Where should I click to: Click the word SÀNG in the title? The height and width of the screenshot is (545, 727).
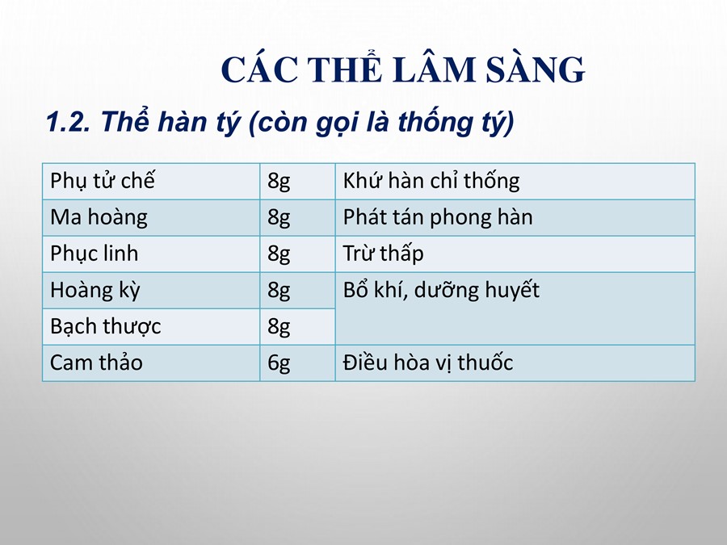[x=535, y=69]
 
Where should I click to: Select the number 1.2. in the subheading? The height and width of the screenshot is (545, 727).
[x=68, y=122]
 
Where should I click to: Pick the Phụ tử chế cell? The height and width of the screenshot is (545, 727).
[x=151, y=181]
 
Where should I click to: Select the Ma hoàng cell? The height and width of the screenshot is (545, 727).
[x=151, y=218]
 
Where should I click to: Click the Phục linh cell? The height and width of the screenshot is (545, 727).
[x=151, y=254]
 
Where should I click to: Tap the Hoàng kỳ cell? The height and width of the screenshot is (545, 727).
[x=151, y=290]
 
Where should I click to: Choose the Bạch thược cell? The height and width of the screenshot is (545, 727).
[x=151, y=327]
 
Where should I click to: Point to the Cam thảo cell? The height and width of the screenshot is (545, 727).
[x=151, y=363]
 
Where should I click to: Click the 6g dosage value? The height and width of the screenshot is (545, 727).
[x=279, y=363]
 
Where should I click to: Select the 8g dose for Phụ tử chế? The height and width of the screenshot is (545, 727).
[x=279, y=182]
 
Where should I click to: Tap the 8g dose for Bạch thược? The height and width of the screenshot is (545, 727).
[x=279, y=327]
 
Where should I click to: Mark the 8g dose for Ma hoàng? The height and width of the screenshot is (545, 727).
[x=279, y=218]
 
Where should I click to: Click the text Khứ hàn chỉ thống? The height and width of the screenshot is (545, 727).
[x=431, y=181]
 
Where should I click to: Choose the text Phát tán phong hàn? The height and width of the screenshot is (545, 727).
[x=438, y=218]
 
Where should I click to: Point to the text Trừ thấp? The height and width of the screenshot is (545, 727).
[x=383, y=254]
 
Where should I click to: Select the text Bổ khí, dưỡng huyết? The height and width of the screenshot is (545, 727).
[x=441, y=291]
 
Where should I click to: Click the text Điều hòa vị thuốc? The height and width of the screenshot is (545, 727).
[x=428, y=363]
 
